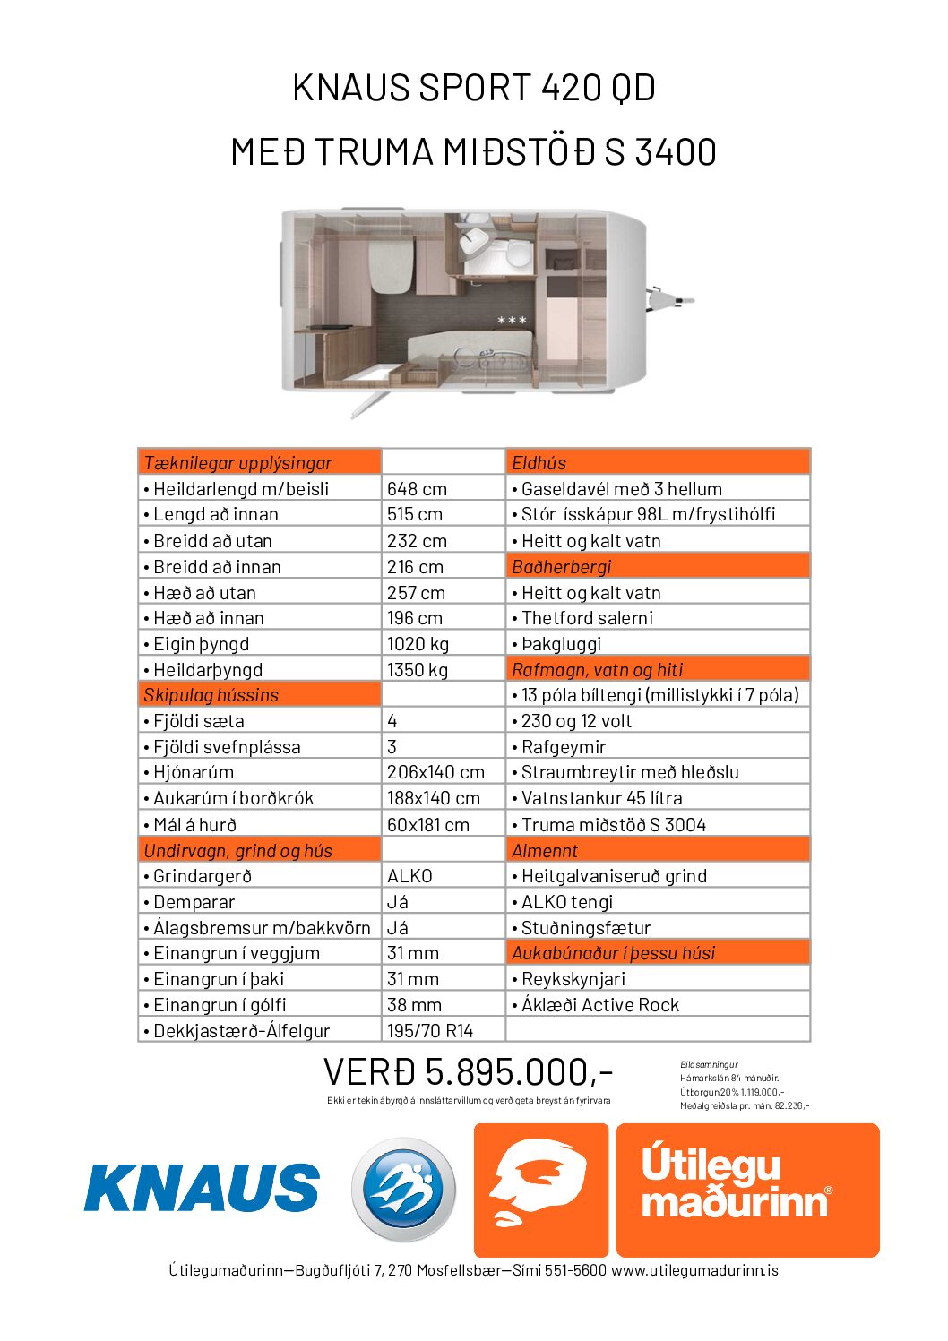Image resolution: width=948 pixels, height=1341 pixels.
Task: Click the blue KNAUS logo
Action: tap(202, 1187)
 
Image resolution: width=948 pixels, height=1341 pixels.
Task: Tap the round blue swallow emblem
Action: tap(403, 1190)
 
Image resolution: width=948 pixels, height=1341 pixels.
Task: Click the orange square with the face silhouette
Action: tap(540, 1190)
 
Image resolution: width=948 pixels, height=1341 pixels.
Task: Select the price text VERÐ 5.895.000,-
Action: tap(468, 1071)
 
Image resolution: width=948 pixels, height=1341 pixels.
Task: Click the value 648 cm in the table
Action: tap(417, 489)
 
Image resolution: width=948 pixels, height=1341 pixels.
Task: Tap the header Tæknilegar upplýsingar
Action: tap(238, 463)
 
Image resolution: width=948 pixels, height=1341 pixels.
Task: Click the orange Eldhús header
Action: tap(539, 463)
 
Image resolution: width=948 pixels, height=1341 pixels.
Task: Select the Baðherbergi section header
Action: tap(562, 567)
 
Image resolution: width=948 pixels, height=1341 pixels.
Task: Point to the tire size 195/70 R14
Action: tap(430, 1031)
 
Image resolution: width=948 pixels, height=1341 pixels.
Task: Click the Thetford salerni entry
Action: tap(588, 618)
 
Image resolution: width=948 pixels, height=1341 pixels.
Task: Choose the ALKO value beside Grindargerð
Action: tap(409, 876)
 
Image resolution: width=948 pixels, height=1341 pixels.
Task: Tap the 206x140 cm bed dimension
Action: tap(435, 772)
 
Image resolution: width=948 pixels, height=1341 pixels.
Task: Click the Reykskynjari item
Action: tap(573, 979)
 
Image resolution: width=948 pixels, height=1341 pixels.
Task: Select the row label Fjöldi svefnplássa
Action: tap(227, 747)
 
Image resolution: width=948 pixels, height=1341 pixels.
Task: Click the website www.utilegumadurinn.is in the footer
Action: tap(694, 1270)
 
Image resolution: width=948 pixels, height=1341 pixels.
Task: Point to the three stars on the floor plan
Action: tap(512, 320)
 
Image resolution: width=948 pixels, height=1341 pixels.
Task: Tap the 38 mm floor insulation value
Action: tap(414, 1005)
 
